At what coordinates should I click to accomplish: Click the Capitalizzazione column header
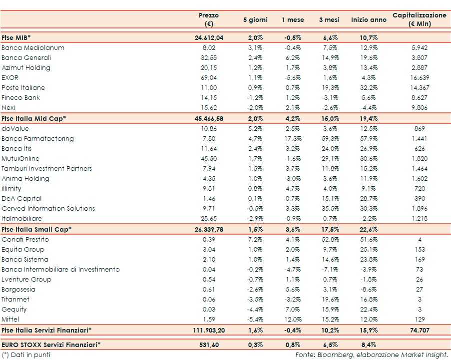tap(419, 19)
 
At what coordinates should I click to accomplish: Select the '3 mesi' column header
tap(329, 20)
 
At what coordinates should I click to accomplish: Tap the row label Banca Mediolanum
tap(33, 48)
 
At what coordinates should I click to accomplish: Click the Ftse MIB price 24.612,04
tap(208, 38)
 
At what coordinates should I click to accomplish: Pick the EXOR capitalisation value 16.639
tap(420, 78)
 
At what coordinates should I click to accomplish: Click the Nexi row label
tap(9, 108)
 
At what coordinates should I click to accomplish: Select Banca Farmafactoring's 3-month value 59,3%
tap(329, 139)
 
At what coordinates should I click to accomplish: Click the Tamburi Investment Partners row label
tap(47, 169)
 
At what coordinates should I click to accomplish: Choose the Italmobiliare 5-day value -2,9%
tap(255, 219)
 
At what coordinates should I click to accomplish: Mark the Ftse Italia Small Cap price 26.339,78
tap(208, 229)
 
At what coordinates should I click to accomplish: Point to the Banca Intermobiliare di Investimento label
tap(60, 270)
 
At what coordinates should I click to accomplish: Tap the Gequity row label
tap(14, 310)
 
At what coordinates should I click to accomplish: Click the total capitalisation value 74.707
tap(420, 330)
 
